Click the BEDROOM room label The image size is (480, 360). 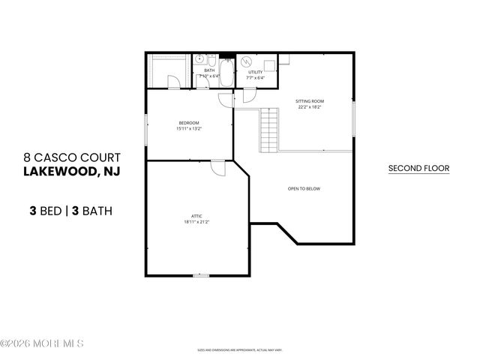click(189, 123)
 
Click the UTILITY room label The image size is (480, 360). click(256, 72)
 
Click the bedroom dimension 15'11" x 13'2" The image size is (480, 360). click(189, 129)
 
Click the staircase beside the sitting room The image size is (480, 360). click(270, 128)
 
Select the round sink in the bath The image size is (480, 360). click(201, 58)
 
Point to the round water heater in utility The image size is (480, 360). click(248, 61)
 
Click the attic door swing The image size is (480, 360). click(218, 169)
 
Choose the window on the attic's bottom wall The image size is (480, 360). click(200, 276)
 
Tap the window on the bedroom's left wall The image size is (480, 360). click(145, 128)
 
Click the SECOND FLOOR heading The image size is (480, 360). click(418, 169)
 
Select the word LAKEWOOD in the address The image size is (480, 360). click(58, 172)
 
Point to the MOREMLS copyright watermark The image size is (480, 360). click(42, 343)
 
